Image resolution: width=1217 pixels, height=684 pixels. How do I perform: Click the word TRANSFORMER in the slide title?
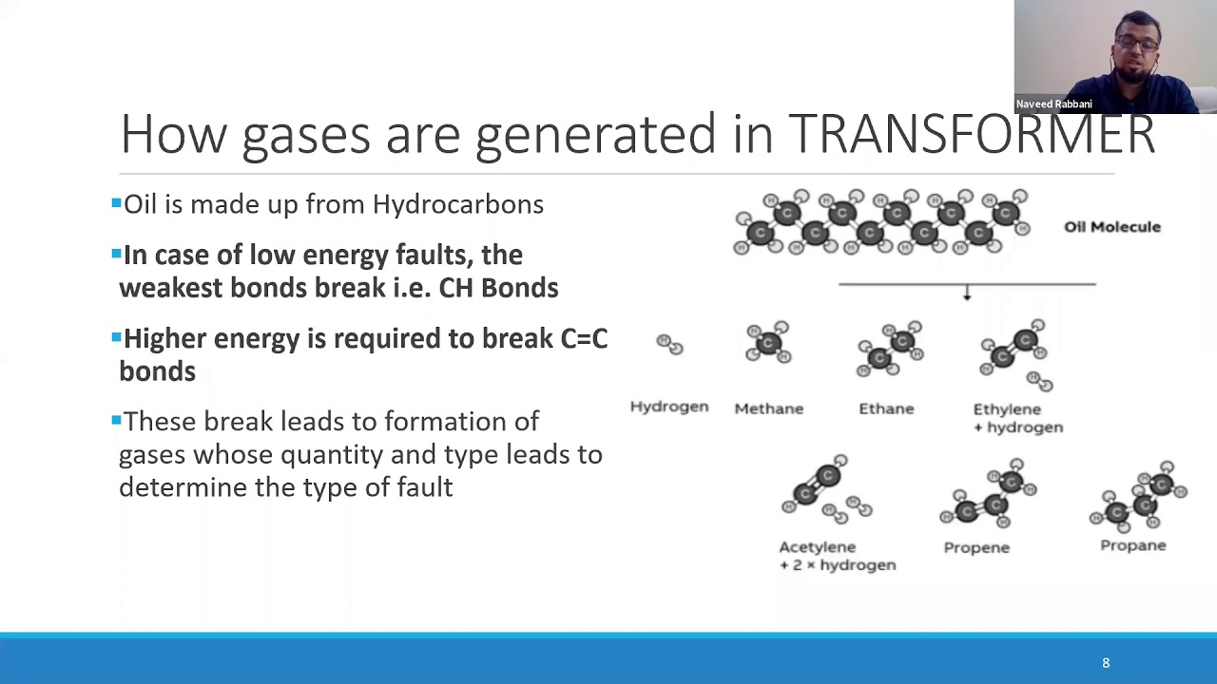[972, 134]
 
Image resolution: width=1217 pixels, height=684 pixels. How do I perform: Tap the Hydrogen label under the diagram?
[668, 407]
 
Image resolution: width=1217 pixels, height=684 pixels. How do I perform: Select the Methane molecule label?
[768, 408]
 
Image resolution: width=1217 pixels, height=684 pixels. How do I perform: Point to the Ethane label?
[886, 408]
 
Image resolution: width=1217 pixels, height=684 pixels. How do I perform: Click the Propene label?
[976, 547]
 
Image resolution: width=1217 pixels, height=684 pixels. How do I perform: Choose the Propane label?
[1132, 545]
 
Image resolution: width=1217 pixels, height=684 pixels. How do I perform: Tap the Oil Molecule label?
[1111, 227]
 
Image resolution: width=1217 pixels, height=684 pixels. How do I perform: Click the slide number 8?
[1106, 663]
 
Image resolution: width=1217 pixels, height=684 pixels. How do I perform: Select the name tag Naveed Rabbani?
[1053, 104]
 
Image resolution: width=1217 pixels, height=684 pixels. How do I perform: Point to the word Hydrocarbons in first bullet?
[457, 204]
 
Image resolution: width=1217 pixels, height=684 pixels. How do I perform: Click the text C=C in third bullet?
[584, 339]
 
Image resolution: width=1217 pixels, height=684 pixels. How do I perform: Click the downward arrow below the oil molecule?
[967, 294]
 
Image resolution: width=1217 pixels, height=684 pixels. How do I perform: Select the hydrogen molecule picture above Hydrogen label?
[669, 344]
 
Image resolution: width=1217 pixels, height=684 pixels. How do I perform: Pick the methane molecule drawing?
[768, 342]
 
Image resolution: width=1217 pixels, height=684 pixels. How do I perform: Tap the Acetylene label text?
[817, 547]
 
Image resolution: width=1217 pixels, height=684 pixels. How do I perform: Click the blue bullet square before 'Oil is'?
[116, 202]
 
